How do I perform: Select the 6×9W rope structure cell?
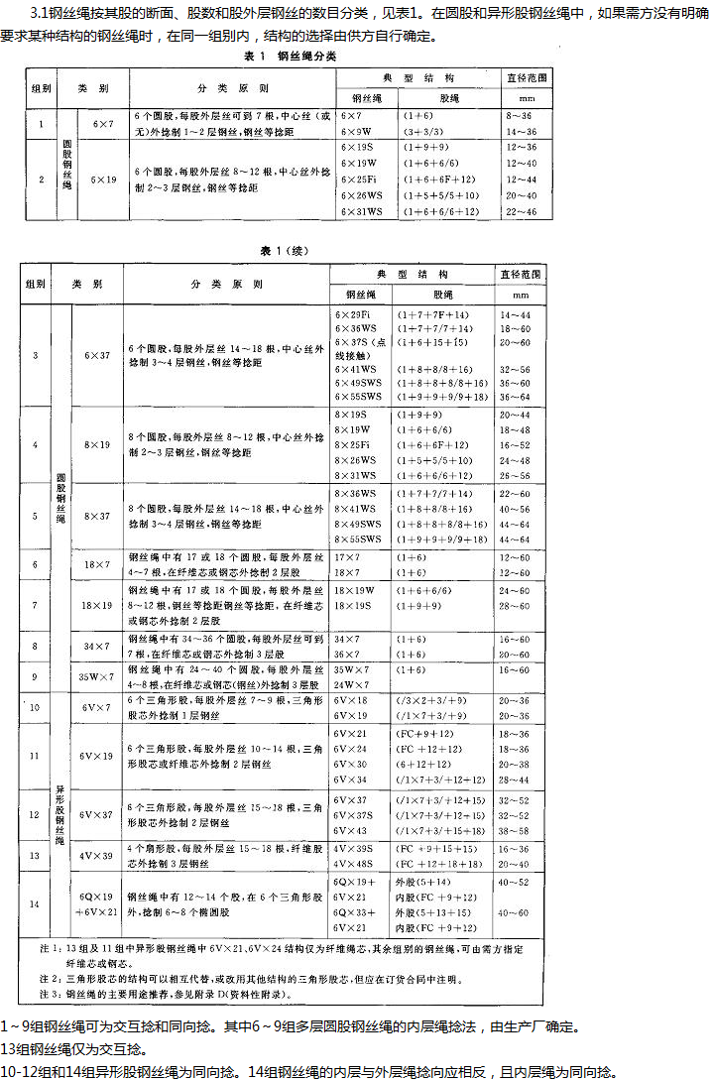[355, 131]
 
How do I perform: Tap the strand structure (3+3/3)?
[423, 131]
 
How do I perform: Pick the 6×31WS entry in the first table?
[360, 211]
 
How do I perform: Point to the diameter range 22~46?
[521, 211]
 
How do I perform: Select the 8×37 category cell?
[97, 515]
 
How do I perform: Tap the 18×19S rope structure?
[355, 605]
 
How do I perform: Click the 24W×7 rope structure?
[352, 685]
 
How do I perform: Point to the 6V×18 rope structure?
[352, 701]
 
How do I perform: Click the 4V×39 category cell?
[97, 856]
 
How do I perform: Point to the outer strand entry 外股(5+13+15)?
[433, 911]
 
